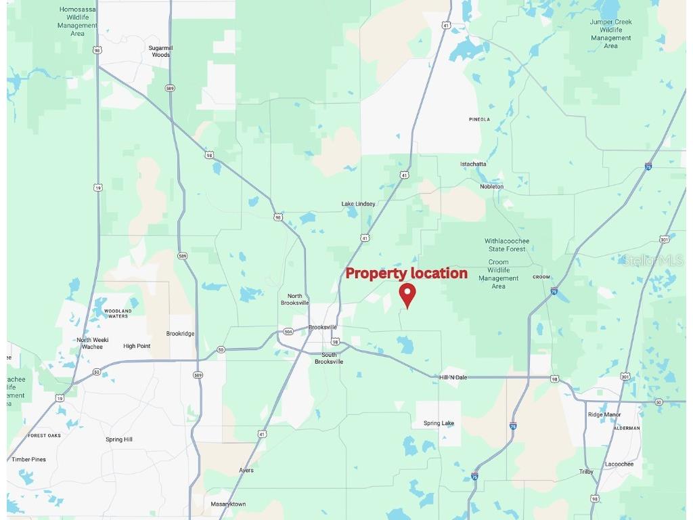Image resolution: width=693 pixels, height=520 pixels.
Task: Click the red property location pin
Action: tap(407, 295)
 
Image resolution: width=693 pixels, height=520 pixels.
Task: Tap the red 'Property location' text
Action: tap(406, 274)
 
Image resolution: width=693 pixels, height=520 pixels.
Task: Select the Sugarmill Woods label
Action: tap(160, 51)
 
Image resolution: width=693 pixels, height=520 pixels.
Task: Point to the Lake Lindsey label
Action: tap(358, 204)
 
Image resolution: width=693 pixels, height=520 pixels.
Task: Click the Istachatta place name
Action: tap(473, 164)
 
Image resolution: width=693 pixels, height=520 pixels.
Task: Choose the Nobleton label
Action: tap(492, 186)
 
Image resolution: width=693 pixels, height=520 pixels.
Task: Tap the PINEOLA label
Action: tap(479, 119)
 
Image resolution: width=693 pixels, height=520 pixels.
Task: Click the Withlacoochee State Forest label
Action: tap(507, 245)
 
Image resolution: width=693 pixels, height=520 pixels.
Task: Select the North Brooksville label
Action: tap(295, 300)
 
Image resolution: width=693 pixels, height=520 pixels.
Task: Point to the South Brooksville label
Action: tap(329, 358)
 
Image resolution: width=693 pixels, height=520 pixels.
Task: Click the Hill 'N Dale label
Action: tap(453, 377)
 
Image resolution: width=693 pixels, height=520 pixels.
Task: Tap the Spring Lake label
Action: tap(439, 423)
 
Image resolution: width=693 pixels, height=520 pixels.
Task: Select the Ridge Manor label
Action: tap(605, 414)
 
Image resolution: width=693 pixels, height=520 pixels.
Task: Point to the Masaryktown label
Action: tap(229, 504)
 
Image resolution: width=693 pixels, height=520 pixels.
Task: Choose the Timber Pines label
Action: tap(29, 459)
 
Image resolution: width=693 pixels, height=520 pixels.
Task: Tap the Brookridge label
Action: tap(181, 334)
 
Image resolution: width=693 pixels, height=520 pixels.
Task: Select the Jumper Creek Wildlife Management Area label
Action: tap(610, 34)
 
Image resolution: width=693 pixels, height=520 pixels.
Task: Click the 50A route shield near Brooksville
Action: tap(289, 332)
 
